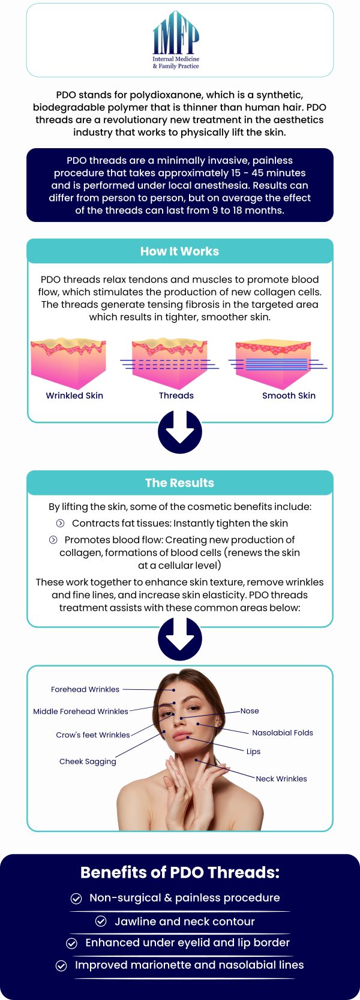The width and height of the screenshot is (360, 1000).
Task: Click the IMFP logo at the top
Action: [x=176, y=40]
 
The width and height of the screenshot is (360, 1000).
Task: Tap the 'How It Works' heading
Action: [x=179, y=251]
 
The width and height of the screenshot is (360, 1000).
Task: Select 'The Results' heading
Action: [x=179, y=483]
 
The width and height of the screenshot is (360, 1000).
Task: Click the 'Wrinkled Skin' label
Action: [x=74, y=395]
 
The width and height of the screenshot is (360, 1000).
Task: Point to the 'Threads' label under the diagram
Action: [x=176, y=395]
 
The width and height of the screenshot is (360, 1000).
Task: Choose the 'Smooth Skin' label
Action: [x=289, y=395]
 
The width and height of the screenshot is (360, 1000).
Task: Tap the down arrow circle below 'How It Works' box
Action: [x=180, y=432]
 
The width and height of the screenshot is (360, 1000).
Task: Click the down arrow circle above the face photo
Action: [x=180, y=638]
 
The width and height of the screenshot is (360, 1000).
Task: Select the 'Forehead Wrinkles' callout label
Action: [x=85, y=689]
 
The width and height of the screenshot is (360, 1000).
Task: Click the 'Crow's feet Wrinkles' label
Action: [x=93, y=735]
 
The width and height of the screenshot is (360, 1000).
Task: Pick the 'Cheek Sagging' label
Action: [x=88, y=762]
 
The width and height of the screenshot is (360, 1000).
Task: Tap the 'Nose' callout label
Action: [x=250, y=711]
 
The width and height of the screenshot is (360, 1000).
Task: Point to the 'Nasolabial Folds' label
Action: [x=283, y=732]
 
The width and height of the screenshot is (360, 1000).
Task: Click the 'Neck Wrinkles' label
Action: [x=281, y=779]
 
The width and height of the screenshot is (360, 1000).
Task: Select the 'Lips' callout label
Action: [x=253, y=751]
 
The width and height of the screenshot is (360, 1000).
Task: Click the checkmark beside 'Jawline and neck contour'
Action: [x=101, y=921]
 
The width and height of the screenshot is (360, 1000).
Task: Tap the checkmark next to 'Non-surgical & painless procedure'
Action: [x=76, y=898]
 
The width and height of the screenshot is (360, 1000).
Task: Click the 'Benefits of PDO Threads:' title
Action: [x=180, y=872]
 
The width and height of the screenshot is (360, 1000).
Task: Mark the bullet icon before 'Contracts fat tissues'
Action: [x=60, y=523]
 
